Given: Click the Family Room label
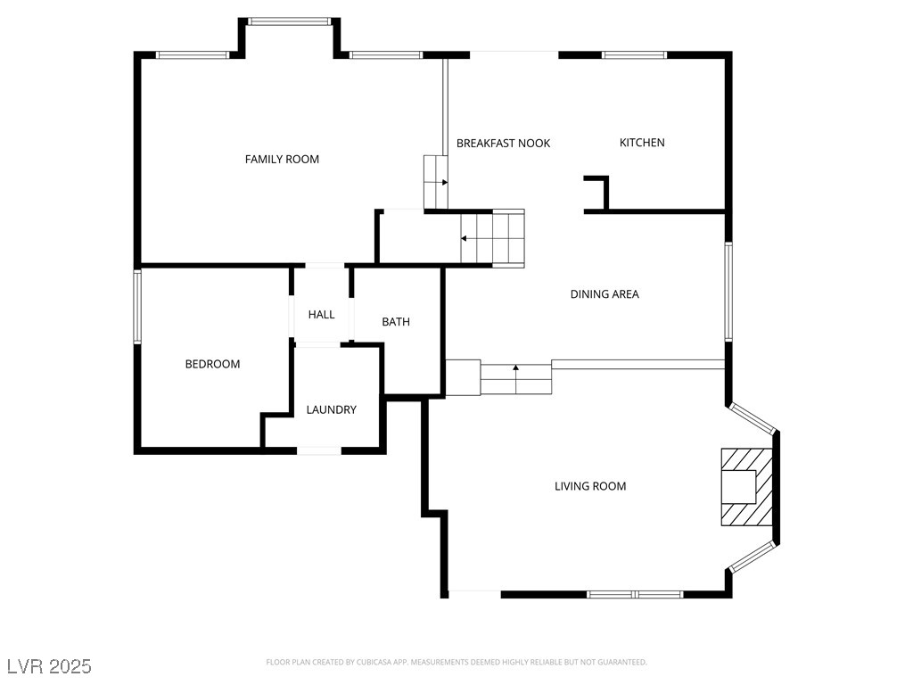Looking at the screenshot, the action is click(282, 159).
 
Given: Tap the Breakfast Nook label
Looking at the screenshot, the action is click(503, 144).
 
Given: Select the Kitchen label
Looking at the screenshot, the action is click(642, 143).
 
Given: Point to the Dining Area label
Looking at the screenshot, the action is click(605, 294).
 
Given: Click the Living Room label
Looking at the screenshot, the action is click(590, 486).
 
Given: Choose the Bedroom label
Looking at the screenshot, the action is click(212, 364).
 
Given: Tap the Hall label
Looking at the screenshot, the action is click(321, 315).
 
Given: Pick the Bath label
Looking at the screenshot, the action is click(396, 321).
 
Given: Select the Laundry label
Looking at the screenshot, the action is click(332, 410).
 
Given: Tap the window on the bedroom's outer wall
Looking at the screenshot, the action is click(137, 307).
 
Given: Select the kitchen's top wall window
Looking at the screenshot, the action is click(634, 55).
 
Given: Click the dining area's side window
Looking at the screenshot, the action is click(728, 292).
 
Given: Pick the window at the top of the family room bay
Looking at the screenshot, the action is click(290, 21).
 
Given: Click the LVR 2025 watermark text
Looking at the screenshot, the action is click(50, 666).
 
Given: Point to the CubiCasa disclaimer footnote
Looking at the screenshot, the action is click(456, 663).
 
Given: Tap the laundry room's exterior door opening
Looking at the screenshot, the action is click(319, 450).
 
